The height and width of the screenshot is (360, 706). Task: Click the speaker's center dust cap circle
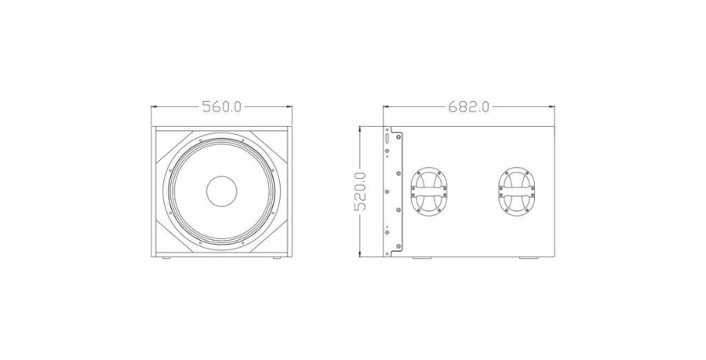click(x=221, y=191)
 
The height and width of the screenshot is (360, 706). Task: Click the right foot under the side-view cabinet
click(x=528, y=258)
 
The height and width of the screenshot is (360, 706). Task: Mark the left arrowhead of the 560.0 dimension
click(x=155, y=107)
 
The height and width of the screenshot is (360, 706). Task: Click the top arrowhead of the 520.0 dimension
click(x=360, y=129)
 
